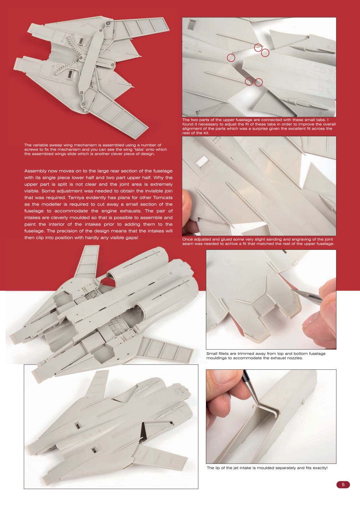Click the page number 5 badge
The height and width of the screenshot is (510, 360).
(x=343, y=485)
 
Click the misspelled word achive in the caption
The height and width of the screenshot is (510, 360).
(x=224, y=244)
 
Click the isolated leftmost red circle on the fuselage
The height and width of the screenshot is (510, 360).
(x=231, y=58)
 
